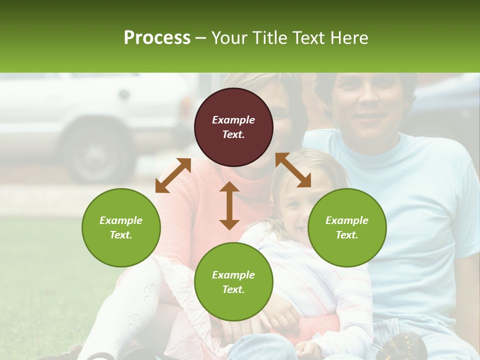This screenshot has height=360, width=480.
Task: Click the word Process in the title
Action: tap(157, 38)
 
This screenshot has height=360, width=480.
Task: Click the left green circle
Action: tap(121, 227)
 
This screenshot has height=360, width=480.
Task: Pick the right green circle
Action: tap(347, 227)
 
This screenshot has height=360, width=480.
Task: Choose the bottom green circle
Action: tap(233, 282)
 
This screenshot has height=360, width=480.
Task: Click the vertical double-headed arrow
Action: tap(229, 205)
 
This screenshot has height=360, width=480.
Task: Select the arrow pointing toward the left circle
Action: tap(173, 175)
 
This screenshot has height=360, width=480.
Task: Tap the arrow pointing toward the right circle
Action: tap(293, 170)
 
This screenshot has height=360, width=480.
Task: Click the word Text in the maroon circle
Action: tap(233, 134)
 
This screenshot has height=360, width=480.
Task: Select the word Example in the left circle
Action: tap(121, 220)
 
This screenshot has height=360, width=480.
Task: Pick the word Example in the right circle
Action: tap(347, 220)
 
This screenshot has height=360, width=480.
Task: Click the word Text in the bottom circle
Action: tap(233, 289)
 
